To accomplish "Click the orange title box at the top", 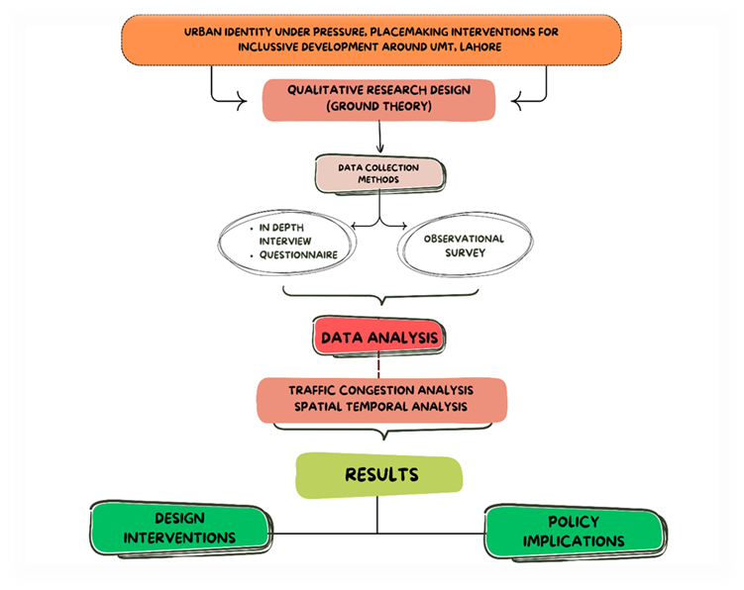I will pos(371,41).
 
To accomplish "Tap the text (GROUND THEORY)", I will pos(379,107).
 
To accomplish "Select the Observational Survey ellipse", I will pos(463,245).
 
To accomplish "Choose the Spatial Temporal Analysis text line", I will pos(381,406).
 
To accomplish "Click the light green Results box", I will pos(378,475).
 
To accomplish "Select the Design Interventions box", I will pos(179,529).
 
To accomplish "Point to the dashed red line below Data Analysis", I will pos(378,364).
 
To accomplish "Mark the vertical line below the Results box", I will pos(378,515).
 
